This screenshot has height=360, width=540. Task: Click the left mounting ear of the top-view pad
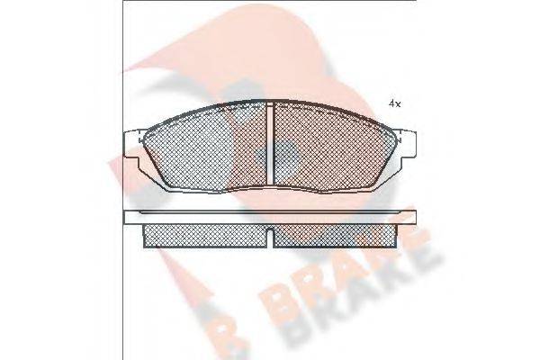point(134,143)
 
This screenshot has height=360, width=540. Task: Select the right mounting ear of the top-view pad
point(409,143)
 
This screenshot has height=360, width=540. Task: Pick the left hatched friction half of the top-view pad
point(207,148)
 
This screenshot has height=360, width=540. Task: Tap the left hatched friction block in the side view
point(207,235)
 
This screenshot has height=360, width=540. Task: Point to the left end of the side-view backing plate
point(127,218)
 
